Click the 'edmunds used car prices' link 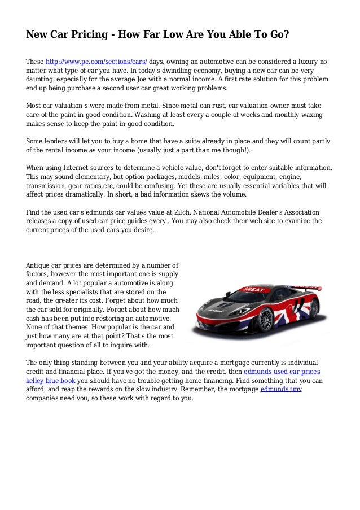point(282,372)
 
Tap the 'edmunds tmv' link point(281,390)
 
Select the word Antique point(39,264)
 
